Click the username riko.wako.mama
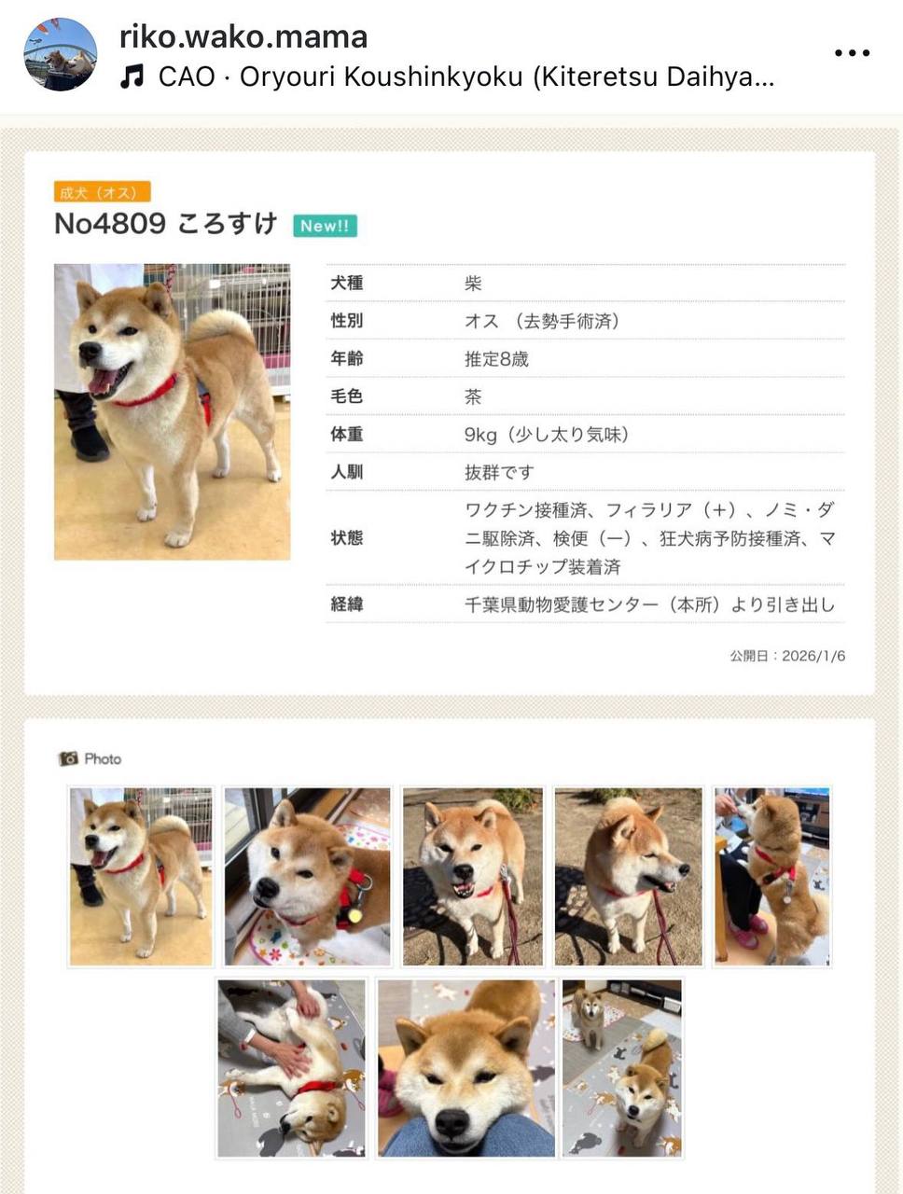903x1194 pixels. pyautogui.click(x=243, y=37)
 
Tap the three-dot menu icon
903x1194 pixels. pyautogui.click(x=852, y=53)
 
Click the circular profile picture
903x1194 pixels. pyautogui.click(x=61, y=54)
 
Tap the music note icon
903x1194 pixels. pyautogui.click(x=132, y=76)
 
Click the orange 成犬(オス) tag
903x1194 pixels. pyautogui.click(x=103, y=191)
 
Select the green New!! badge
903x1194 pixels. pyautogui.click(x=325, y=226)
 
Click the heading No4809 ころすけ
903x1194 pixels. pyautogui.click(x=166, y=223)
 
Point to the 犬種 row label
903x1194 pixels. pyautogui.click(x=346, y=283)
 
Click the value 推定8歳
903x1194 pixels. pyautogui.click(x=496, y=359)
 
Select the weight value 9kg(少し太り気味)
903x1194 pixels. pyautogui.click(x=547, y=435)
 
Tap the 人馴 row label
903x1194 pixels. pyautogui.click(x=346, y=472)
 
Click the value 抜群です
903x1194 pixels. pyautogui.click(x=499, y=472)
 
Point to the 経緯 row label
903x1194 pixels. pyautogui.click(x=346, y=604)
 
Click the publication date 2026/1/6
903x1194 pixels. pyautogui.click(x=813, y=656)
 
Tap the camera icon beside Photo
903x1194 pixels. pyautogui.click(x=68, y=758)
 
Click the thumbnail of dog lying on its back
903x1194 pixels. pyautogui.click(x=291, y=1068)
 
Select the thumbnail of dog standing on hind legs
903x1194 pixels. pyautogui.click(x=772, y=876)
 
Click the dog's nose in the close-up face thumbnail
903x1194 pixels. pyautogui.click(x=451, y=1122)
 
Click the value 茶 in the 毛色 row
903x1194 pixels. pyautogui.click(x=473, y=396)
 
